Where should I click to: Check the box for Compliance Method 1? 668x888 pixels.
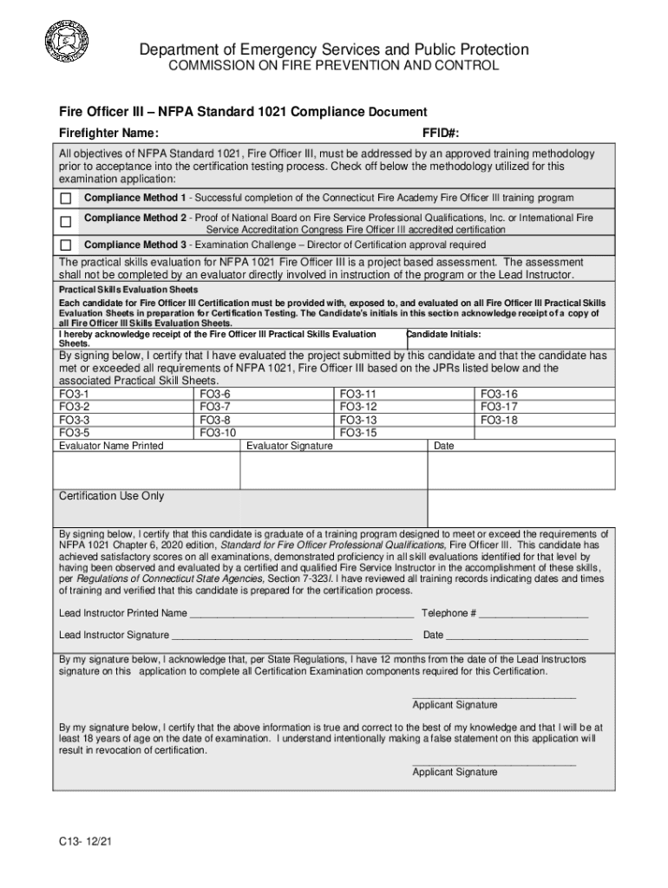pyautogui.click(x=65, y=199)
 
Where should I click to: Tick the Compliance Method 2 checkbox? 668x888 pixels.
pyautogui.click(x=65, y=223)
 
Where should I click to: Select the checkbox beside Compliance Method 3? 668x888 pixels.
pyautogui.click(x=65, y=245)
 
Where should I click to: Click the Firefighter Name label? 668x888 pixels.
pyautogui.click(x=108, y=133)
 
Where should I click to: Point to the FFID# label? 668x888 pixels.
pyautogui.click(x=440, y=133)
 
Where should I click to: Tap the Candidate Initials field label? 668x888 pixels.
pyautogui.click(x=443, y=335)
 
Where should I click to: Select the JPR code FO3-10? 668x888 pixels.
pyautogui.click(x=218, y=432)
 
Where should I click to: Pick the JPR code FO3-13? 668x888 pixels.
pyautogui.click(x=358, y=420)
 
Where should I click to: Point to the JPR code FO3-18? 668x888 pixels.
pyautogui.click(x=499, y=420)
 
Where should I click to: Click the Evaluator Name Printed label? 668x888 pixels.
pyautogui.click(x=111, y=446)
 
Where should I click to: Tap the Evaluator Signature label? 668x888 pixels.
pyautogui.click(x=290, y=446)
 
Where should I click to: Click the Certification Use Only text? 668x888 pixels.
pyautogui.click(x=111, y=496)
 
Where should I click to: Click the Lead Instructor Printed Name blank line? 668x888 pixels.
pyautogui.click(x=301, y=614)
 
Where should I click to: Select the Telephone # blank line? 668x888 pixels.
pyautogui.click(x=533, y=614)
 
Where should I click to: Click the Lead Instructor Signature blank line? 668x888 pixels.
pyautogui.click(x=292, y=636)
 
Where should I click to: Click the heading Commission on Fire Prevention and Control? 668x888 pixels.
pyautogui.click(x=333, y=67)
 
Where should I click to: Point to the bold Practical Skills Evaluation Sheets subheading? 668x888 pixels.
pyautogui.click(x=128, y=290)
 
